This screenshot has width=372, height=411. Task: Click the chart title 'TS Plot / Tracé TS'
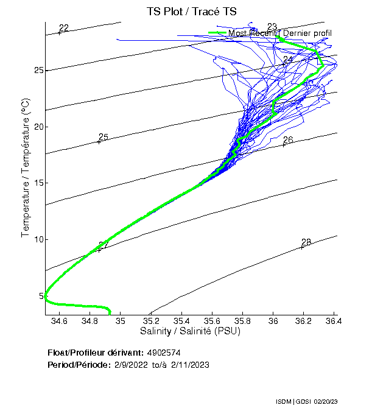click(191, 12)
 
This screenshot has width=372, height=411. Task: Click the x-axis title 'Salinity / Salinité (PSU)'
click(190, 331)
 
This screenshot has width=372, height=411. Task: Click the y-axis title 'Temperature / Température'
click(26, 168)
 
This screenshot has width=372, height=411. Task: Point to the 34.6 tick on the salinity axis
click(60, 320)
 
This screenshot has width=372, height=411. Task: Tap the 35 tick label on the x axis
click(121, 320)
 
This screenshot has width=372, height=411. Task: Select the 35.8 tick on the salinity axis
click(242, 320)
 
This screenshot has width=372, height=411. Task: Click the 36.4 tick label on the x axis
click(334, 320)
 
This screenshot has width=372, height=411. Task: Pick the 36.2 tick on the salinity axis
click(303, 320)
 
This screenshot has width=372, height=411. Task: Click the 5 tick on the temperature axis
click(41, 296)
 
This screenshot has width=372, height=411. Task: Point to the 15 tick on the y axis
click(38, 183)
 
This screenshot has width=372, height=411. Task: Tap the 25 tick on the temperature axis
click(38, 71)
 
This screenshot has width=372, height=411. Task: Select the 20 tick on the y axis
click(38, 127)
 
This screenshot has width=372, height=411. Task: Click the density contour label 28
click(306, 242)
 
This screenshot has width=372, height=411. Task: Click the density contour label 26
click(288, 140)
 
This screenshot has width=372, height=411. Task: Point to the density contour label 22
click(64, 28)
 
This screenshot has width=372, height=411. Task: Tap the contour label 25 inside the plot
click(104, 137)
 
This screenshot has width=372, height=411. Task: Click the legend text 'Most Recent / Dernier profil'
click(279, 33)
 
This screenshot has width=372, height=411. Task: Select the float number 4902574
click(164, 353)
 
